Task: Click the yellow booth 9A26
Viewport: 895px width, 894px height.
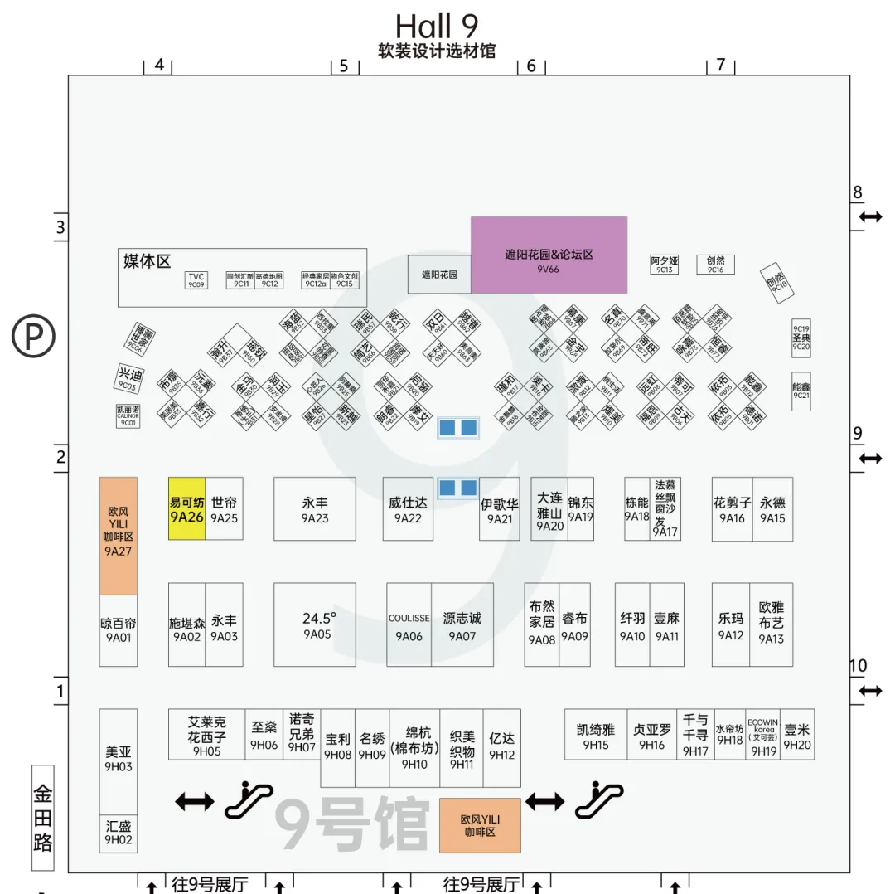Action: coord(186,508)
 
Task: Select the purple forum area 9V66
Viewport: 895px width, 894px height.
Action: coord(549,255)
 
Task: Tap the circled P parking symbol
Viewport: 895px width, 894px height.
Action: coord(33,336)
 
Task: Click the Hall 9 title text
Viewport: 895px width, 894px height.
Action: coord(437,26)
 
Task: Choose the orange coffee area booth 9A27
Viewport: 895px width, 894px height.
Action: coord(118,535)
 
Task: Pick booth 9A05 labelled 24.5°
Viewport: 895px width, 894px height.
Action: coord(315,624)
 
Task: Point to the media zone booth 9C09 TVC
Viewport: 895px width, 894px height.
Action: coord(196,280)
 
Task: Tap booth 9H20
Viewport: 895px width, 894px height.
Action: coord(797,735)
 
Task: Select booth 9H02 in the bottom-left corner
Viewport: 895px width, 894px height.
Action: coord(119,833)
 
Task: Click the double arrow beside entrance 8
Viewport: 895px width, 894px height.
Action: coord(870,216)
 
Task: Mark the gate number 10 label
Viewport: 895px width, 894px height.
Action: coord(858,665)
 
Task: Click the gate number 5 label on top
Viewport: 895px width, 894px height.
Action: coord(344,66)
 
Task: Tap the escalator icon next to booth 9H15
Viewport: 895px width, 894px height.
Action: coord(599,798)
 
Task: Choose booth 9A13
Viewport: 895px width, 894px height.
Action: coord(772,624)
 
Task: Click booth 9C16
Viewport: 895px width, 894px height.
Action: coord(715,265)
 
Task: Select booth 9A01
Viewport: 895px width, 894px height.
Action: coord(119,630)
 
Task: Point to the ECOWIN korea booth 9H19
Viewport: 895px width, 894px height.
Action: coord(763,735)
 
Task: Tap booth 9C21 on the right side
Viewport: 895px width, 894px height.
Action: coord(801,391)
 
